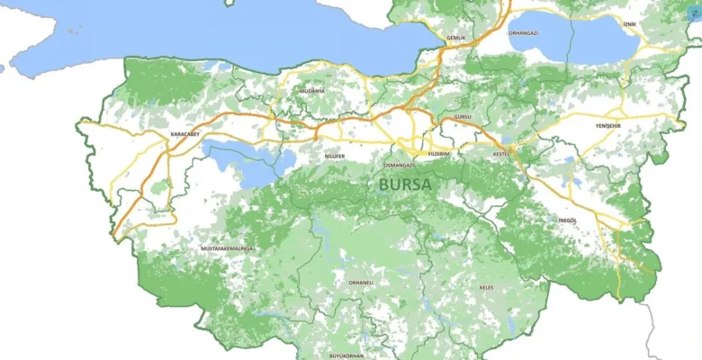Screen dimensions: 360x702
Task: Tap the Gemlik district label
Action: (457, 38)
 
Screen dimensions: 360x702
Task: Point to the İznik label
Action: (629, 23)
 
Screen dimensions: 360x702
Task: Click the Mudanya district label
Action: (312, 91)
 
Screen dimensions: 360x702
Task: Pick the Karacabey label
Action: (184, 135)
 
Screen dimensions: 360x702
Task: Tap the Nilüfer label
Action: (335, 156)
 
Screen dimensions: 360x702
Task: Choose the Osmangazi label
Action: (399, 166)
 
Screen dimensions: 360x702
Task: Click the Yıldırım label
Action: (438, 154)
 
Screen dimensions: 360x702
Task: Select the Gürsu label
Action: (463, 118)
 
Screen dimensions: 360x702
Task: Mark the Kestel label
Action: (501, 154)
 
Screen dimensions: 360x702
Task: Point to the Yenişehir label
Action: (608, 126)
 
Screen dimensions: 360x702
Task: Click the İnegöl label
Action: (566, 220)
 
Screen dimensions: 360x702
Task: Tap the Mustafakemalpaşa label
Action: (226, 247)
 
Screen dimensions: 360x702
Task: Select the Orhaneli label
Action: (360, 282)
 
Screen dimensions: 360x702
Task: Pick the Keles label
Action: (486, 287)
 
